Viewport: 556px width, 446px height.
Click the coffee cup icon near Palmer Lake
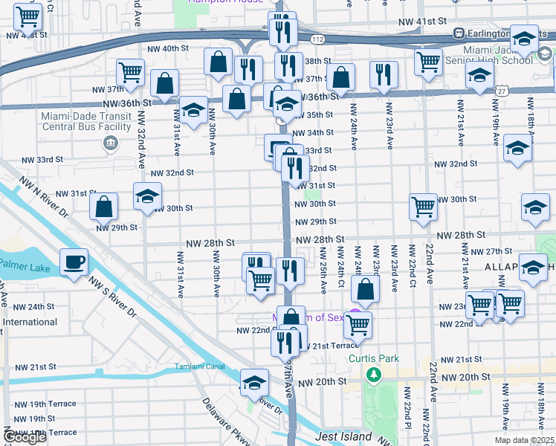point(74,262)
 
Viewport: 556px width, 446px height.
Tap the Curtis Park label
point(374,358)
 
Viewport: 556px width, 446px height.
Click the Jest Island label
point(343,437)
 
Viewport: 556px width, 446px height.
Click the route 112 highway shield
point(318,39)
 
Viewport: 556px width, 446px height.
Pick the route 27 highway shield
point(502,90)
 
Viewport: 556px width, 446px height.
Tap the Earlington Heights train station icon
point(460,33)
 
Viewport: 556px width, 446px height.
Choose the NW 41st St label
point(421,22)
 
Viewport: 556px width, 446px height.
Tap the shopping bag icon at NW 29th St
point(104,206)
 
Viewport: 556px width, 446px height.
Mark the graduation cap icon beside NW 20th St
point(254,383)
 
